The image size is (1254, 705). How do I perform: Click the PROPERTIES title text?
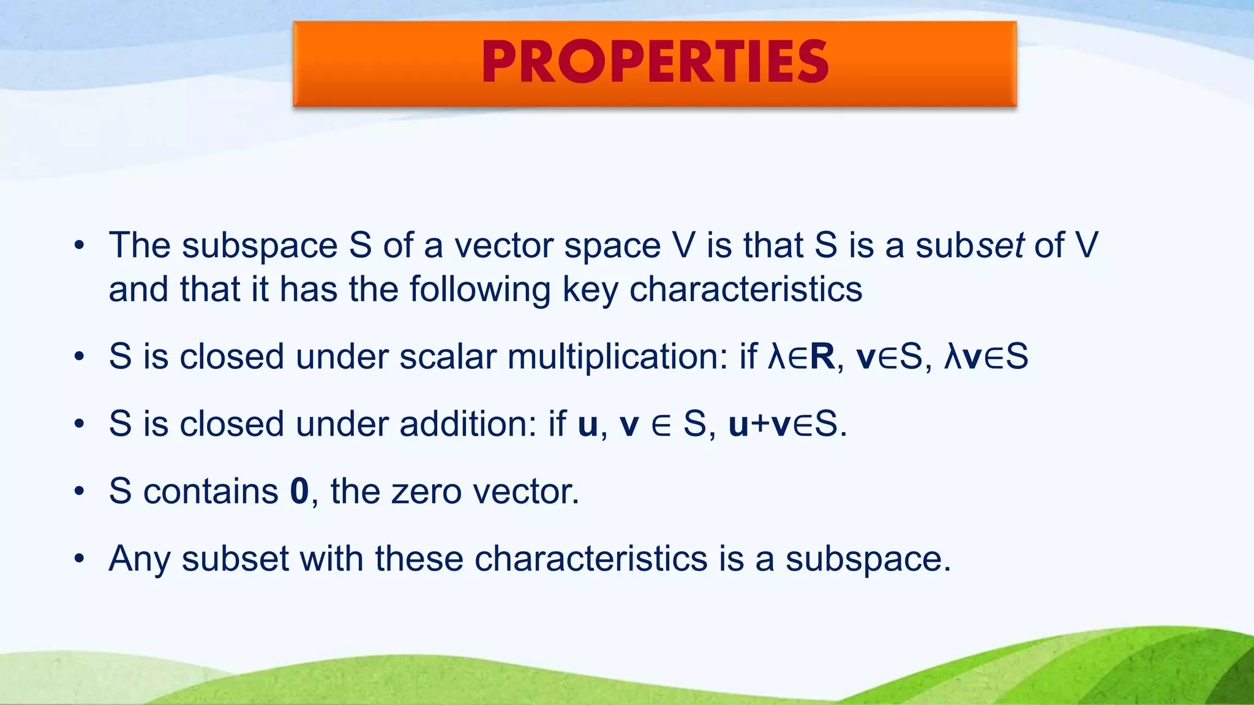pyautogui.click(x=655, y=62)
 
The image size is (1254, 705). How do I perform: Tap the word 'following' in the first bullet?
pyautogui.click(x=480, y=289)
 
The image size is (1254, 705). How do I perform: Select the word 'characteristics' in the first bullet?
pyautogui.click(x=746, y=289)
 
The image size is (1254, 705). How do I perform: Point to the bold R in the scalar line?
pyautogui.click(x=822, y=357)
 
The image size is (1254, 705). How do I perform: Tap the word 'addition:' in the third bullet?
pyautogui.click(x=468, y=424)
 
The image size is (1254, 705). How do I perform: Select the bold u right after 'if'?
pyautogui.click(x=587, y=425)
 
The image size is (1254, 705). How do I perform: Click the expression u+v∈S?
pyautogui.click(x=787, y=424)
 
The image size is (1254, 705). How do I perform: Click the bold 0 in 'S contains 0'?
pyautogui.click(x=299, y=491)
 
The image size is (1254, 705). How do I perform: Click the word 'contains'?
pyautogui.click(x=211, y=491)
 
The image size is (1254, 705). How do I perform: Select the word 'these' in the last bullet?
pyautogui.click(x=419, y=559)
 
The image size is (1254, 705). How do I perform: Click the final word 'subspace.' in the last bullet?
pyautogui.click(x=868, y=559)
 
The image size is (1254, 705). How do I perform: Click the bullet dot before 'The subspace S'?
pyautogui.click(x=78, y=247)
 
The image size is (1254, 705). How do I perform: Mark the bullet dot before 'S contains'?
pyautogui.click(x=78, y=492)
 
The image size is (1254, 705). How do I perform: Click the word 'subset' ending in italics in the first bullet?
pyautogui.click(x=969, y=245)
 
